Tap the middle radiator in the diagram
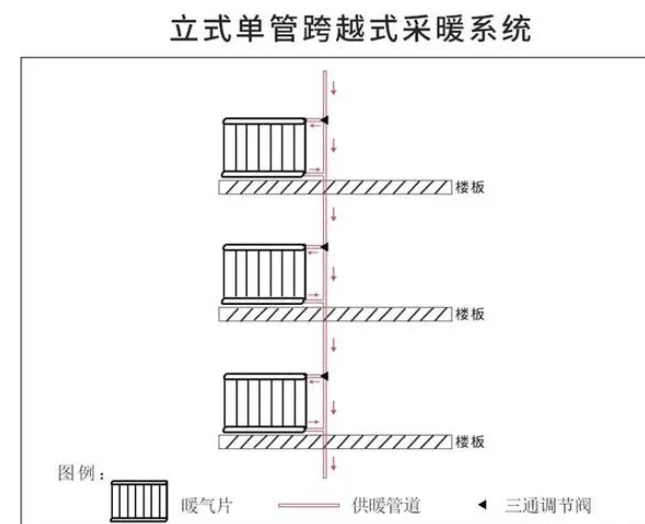[263, 272]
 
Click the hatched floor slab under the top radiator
[340, 187]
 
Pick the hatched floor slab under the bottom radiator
[340, 441]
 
